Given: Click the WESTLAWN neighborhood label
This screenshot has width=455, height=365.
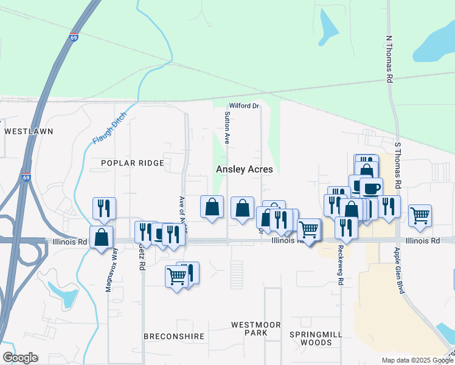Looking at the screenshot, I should point(29,131).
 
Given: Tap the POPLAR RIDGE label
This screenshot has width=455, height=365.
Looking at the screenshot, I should point(133,163).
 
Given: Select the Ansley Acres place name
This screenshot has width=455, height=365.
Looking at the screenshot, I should point(245,170).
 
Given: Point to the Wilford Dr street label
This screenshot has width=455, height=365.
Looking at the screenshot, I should point(244,106).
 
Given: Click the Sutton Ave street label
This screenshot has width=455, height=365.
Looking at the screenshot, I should point(227,127).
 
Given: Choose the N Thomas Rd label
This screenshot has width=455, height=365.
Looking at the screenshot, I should point(389,58).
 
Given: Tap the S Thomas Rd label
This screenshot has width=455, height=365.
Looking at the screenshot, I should point(398,165).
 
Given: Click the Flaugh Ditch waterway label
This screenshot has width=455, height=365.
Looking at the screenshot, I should point(109,128).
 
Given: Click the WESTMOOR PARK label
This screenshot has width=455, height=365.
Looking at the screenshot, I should point(256,328).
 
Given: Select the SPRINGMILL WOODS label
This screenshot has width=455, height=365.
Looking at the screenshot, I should point(311,338).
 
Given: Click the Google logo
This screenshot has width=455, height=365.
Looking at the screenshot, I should point(20,358).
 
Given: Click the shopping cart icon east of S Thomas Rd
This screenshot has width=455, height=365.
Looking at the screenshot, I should point(420,215).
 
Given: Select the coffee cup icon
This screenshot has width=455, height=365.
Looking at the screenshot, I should point(370,187).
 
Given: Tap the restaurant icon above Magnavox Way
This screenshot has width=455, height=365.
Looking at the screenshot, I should point(105,208).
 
